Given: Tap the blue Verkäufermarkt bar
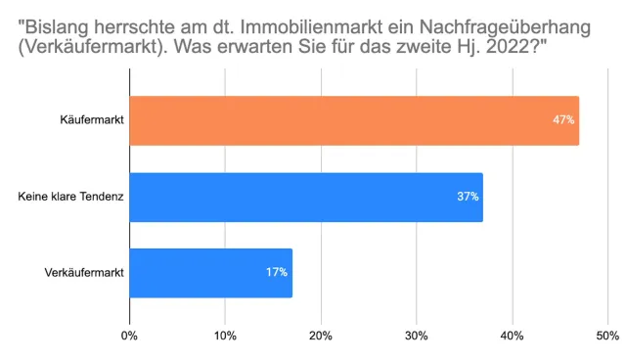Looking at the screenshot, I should pyautogui.click(x=210, y=273).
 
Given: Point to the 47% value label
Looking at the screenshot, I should pyautogui.click(x=563, y=120).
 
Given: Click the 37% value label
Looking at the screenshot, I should pyautogui.click(x=468, y=197).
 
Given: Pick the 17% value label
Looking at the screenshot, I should pyautogui.click(x=276, y=273).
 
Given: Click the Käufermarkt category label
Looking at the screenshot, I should pyautogui.click(x=91, y=120).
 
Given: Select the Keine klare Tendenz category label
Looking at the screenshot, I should pyautogui.click(x=71, y=197).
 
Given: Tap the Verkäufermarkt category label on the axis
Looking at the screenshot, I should pyautogui.click(x=84, y=273).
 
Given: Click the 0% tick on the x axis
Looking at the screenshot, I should pyautogui.click(x=129, y=337).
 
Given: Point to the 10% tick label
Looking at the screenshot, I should pyautogui.click(x=225, y=337).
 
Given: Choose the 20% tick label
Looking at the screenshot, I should pyautogui.click(x=320, y=337).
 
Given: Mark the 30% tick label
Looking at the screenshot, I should pyautogui.click(x=416, y=337).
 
